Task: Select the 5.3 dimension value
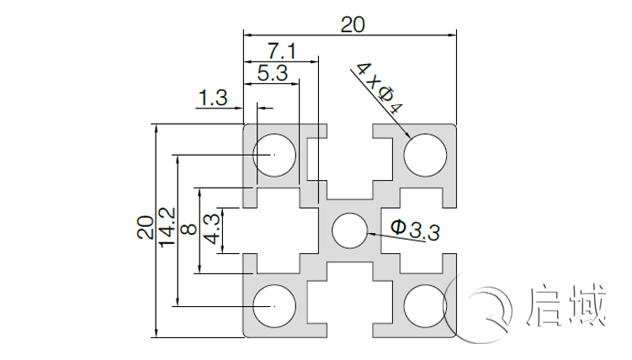click(x=272, y=74)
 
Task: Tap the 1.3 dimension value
click(x=213, y=98)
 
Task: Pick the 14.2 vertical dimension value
click(x=167, y=228)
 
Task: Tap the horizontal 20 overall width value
click(x=353, y=25)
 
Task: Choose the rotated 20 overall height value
click(x=146, y=228)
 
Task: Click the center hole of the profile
click(x=349, y=230)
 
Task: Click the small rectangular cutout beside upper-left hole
click(x=313, y=159)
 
